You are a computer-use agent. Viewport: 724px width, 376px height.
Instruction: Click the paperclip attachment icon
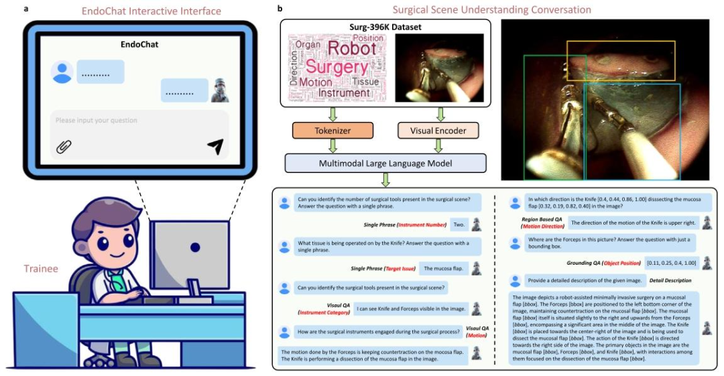(64, 147)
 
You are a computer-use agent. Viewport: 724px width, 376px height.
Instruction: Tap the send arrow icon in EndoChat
(215, 146)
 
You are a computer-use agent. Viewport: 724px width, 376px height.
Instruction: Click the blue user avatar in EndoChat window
(62, 72)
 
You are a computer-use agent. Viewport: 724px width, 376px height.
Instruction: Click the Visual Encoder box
(438, 130)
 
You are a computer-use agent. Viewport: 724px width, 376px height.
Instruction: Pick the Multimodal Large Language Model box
(385, 162)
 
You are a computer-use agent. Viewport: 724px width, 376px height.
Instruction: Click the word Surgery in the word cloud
(337, 68)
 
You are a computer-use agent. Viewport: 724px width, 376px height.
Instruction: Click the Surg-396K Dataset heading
(385, 27)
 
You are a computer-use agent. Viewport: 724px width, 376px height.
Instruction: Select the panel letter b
(280, 9)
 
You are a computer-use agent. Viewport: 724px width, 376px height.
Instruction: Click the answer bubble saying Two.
(459, 225)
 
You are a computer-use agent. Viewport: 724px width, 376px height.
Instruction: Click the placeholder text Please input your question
(97, 121)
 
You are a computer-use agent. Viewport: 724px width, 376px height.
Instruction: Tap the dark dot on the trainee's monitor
(194, 247)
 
